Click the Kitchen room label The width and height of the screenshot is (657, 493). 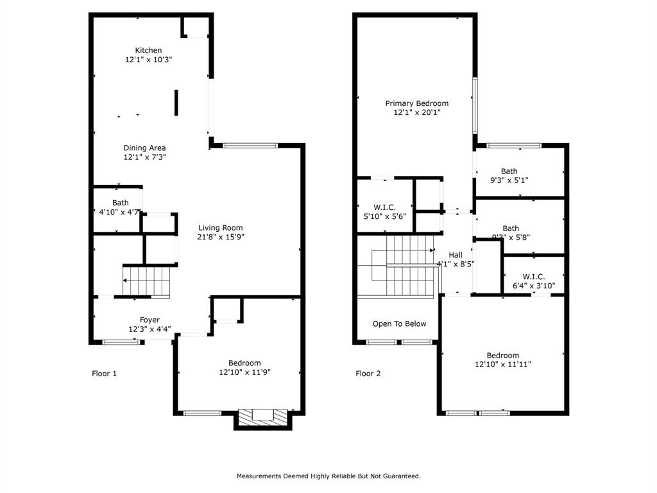148,50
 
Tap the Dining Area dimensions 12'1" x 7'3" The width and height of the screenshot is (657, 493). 144,157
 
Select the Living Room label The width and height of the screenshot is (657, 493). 220,227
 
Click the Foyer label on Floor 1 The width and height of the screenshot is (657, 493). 149,320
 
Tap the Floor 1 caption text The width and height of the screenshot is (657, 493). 104,373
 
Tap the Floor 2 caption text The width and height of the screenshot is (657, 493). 368,373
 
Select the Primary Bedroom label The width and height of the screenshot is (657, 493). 416,103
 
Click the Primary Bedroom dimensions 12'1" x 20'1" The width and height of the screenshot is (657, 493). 416,112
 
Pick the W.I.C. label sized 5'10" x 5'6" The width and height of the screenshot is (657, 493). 384,207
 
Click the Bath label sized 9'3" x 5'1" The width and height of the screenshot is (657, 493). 509,171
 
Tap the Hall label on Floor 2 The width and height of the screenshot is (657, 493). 455,255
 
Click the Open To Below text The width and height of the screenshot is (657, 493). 399,324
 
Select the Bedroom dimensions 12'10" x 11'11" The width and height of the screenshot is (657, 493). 502,365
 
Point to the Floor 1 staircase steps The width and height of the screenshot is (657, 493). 148,281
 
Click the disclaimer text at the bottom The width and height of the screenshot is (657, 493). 328,476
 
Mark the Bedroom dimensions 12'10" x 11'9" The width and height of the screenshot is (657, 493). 244,372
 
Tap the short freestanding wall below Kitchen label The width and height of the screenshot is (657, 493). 176,103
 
